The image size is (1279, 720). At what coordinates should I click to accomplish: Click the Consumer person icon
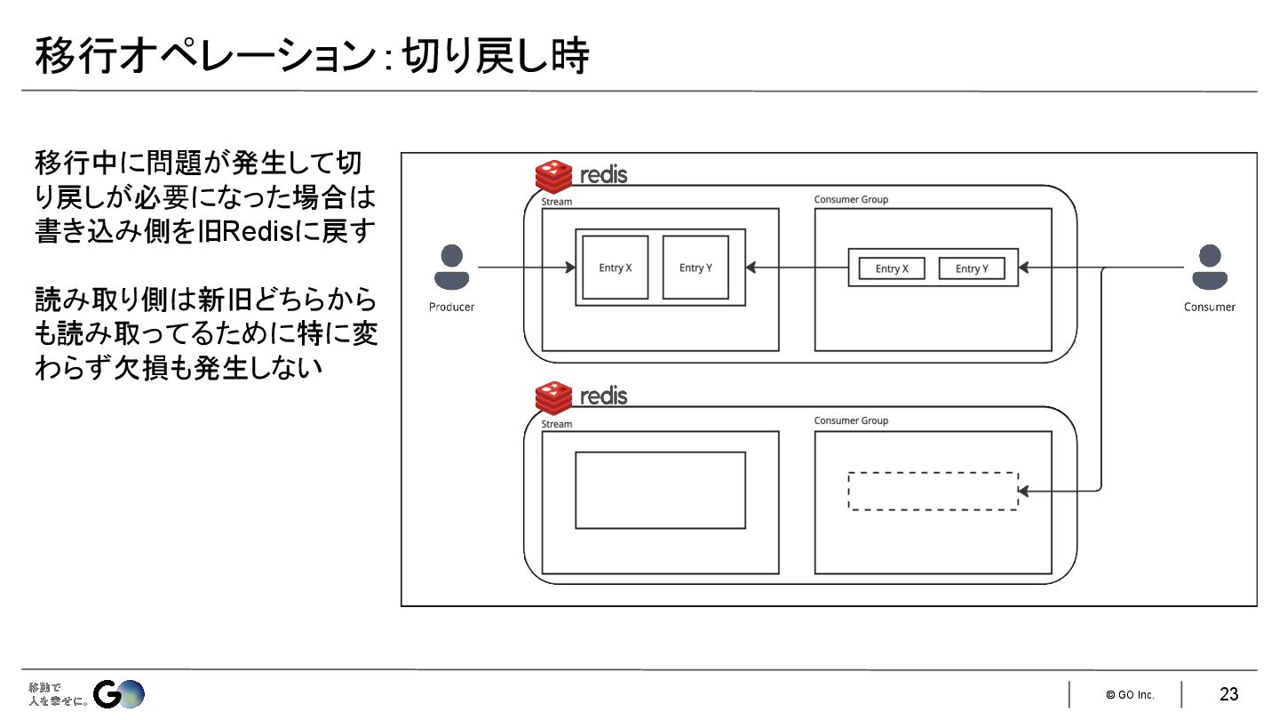(x=1209, y=267)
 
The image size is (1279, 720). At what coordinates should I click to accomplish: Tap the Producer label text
(x=452, y=307)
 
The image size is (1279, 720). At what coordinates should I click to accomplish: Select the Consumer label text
(x=1209, y=307)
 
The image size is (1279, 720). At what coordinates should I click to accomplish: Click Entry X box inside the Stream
(x=616, y=268)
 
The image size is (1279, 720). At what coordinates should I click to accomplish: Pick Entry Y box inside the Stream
(x=695, y=268)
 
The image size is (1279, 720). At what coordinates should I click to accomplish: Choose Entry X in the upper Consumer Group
(x=892, y=268)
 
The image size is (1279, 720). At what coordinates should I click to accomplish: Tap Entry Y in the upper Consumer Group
(x=972, y=268)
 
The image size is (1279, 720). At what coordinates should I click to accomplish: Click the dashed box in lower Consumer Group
(x=933, y=491)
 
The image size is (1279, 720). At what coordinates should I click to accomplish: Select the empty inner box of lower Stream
(x=660, y=490)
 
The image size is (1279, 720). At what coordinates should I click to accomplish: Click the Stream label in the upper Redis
(x=557, y=202)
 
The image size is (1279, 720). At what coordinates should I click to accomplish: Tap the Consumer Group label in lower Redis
(x=851, y=420)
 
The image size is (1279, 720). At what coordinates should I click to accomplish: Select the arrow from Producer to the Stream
(x=524, y=267)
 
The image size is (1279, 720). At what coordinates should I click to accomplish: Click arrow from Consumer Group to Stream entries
(x=797, y=267)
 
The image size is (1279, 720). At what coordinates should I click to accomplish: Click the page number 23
(x=1228, y=694)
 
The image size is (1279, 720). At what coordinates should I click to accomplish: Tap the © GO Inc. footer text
(x=1130, y=694)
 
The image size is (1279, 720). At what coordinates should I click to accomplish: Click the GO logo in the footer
(x=119, y=694)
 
